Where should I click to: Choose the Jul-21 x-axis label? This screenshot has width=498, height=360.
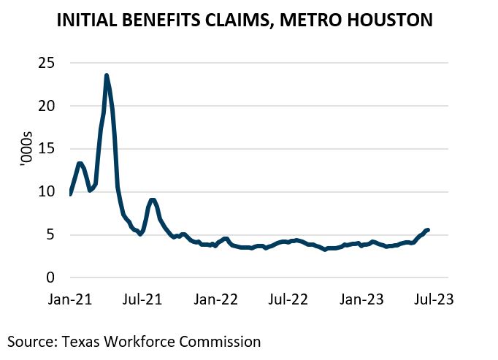142,300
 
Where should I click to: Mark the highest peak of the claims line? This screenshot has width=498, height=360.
107,75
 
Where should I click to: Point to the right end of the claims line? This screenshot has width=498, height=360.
428,229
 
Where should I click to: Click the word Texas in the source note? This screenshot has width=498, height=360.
74,341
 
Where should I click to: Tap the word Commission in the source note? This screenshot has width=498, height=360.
221,341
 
